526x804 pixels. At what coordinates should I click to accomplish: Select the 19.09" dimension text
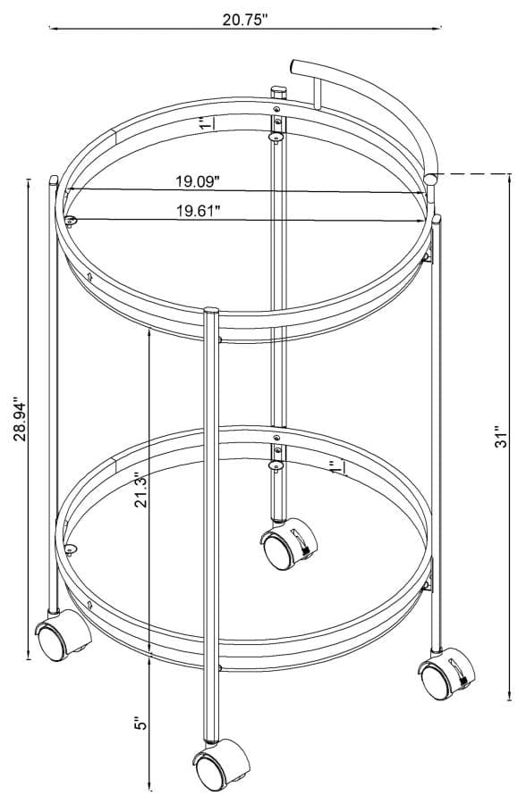198,180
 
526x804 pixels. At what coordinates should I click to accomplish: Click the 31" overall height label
502,437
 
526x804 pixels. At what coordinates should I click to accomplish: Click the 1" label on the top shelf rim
205,122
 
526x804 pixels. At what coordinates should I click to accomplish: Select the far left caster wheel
58,640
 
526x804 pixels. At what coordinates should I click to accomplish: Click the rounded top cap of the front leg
212,310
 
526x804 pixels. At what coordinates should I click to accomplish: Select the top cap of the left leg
53,179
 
